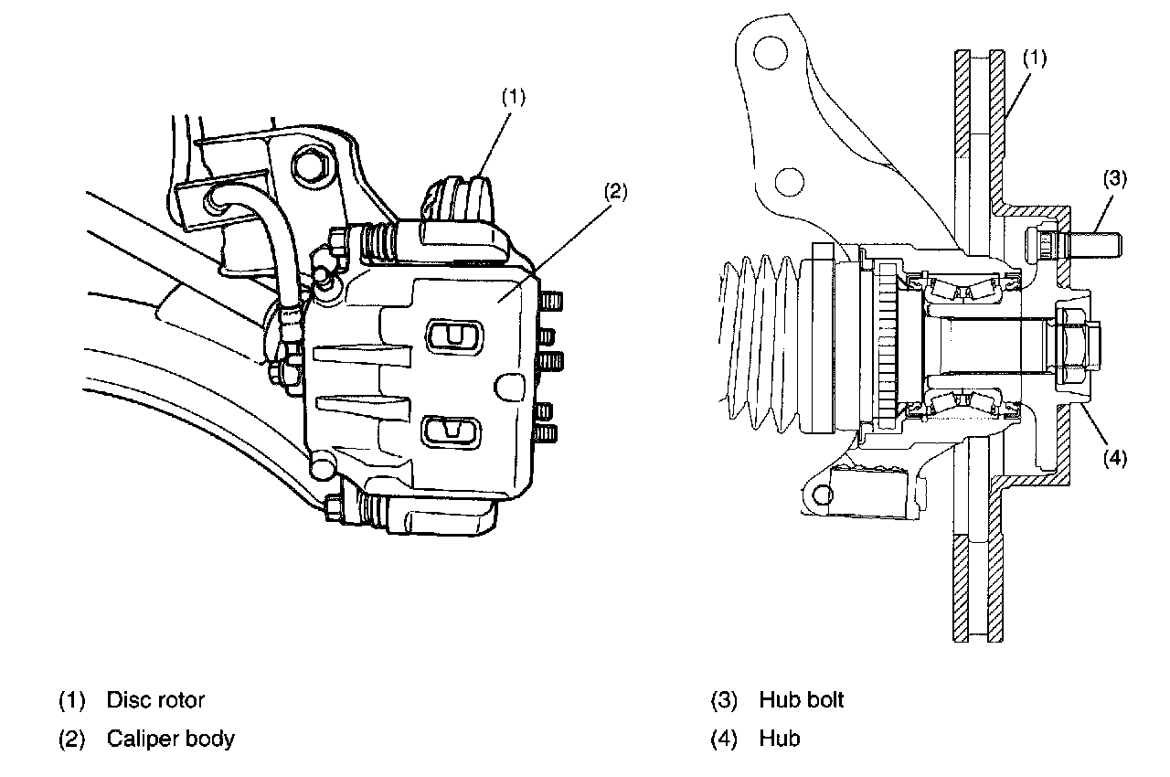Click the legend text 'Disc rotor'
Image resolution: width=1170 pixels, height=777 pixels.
tap(155, 700)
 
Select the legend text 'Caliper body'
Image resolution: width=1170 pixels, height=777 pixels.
tap(171, 739)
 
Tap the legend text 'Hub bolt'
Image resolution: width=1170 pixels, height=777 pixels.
tap(802, 700)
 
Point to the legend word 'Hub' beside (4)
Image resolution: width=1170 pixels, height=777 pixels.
tap(780, 739)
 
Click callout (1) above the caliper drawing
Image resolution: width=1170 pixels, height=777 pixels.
tap(514, 97)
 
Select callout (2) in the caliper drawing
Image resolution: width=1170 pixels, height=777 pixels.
tap(616, 192)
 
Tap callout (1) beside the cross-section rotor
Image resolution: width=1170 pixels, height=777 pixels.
tap(1034, 58)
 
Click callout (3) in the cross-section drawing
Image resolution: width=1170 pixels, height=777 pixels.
tap(1115, 178)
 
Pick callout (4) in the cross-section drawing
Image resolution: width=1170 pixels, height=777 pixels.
tap(1115, 459)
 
